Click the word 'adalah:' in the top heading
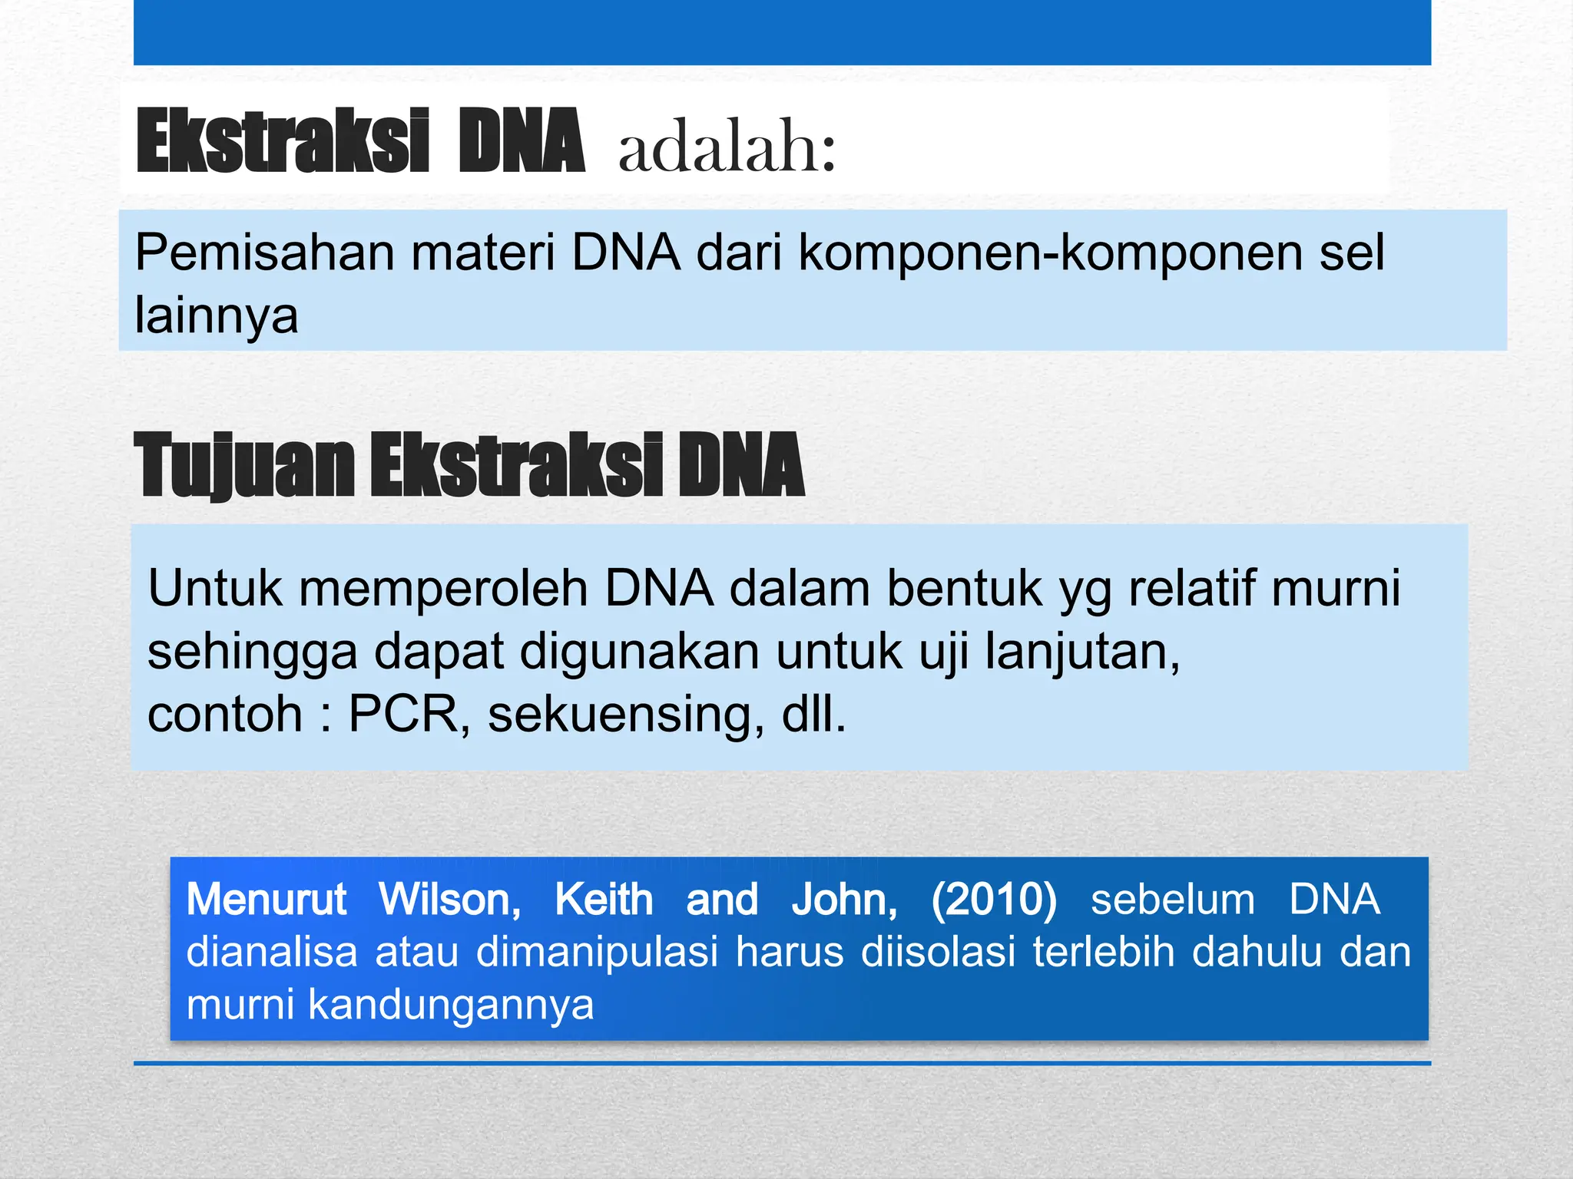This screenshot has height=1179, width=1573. coord(726,147)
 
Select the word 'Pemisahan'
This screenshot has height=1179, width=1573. coord(263,253)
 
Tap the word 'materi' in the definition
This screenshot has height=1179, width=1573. coord(482,253)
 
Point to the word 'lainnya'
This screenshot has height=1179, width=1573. coord(216,315)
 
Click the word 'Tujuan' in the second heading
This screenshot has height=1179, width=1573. coord(243,465)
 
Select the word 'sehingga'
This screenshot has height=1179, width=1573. coord(252,652)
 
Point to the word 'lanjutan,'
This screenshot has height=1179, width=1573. coord(1082,652)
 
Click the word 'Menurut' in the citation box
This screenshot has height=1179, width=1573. coord(267,900)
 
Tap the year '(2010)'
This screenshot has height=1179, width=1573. coord(994,900)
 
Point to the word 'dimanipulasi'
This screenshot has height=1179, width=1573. coord(597,953)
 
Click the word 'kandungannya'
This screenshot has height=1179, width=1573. coord(451,1006)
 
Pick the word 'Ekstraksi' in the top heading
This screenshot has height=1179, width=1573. coord(282,142)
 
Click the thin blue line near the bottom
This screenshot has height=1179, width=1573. coord(782,1063)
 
